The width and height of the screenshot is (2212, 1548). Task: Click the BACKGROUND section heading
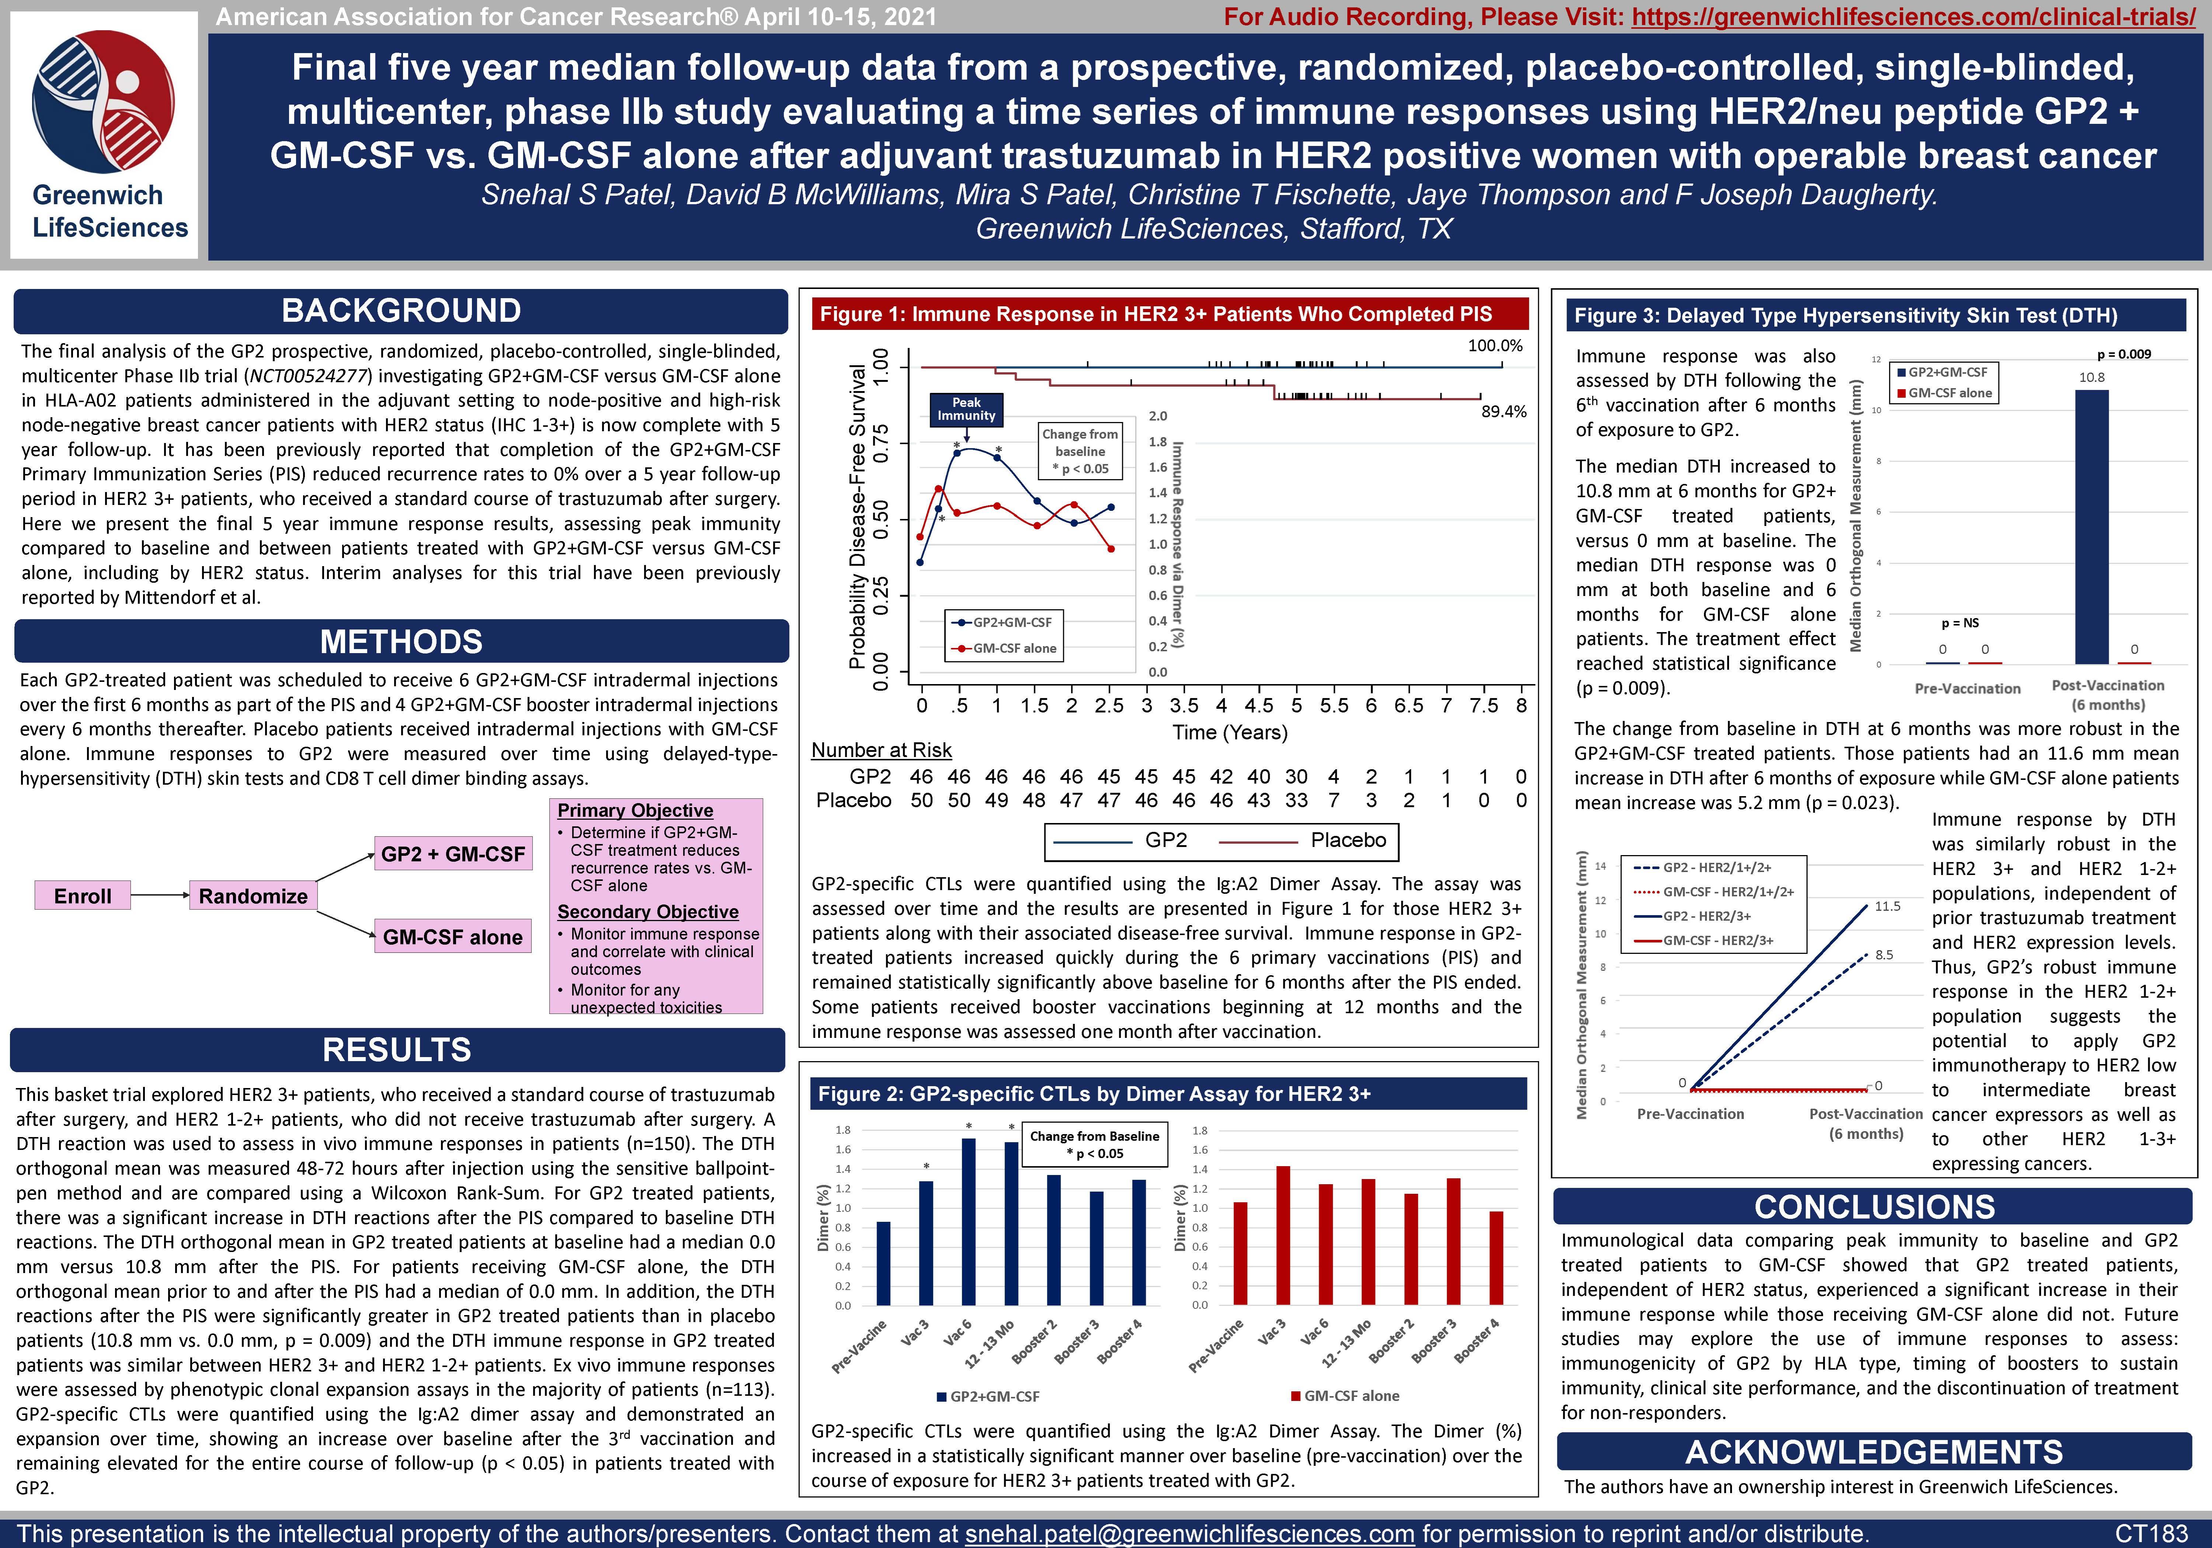401,311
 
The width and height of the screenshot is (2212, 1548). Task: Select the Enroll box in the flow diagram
83,896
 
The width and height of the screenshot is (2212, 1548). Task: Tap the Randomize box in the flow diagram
253,896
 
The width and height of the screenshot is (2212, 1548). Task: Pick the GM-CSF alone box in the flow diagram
453,936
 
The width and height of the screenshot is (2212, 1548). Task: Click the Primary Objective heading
635,810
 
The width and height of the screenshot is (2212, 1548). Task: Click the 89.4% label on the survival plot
1503,411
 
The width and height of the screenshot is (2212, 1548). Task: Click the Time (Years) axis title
1229,732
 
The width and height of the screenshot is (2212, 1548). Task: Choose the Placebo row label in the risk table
853,801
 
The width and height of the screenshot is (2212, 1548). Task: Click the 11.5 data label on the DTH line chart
1887,906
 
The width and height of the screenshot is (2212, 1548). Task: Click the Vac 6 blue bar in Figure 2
968,1221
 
